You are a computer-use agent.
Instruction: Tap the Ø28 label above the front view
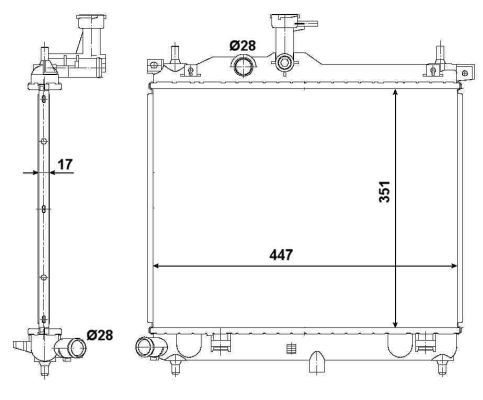click(x=242, y=45)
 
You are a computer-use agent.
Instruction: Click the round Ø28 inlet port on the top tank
click(x=243, y=67)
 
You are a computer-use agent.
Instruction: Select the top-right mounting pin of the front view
click(x=439, y=57)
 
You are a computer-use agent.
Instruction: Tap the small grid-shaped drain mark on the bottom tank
click(x=291, y=349)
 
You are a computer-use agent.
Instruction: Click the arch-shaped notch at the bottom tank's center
click(x=316, y=359)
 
